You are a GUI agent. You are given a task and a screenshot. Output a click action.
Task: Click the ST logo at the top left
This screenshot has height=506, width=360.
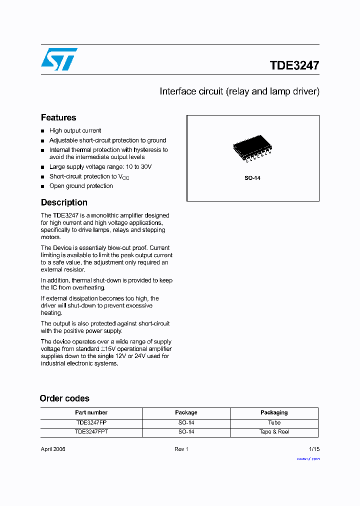point(59,59)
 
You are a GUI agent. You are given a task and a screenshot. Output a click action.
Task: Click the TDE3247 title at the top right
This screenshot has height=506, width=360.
point(294,65)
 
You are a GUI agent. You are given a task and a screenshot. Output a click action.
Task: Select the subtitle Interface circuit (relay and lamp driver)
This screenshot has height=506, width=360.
point(239,91)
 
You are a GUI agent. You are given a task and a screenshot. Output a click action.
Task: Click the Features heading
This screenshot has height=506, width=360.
point(58,117)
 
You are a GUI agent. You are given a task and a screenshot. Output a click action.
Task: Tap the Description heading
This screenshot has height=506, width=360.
point(64,202)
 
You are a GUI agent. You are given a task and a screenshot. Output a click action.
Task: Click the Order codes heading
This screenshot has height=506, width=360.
point(64,398)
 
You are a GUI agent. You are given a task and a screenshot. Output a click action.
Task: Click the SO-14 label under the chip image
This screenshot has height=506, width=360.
point(252,178)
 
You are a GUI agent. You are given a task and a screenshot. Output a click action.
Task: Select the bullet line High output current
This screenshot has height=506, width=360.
point(75,130)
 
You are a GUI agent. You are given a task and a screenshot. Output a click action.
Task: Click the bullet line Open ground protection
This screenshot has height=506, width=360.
point(81,186)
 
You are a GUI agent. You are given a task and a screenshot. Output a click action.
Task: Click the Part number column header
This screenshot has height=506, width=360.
point(91,412)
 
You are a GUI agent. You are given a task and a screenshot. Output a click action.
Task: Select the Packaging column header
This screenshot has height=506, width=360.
point(274,412)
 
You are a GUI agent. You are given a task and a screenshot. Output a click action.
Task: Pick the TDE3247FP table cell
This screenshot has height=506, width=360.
point(91,422)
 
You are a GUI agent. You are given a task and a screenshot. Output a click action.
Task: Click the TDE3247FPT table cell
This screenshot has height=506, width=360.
point(91,431)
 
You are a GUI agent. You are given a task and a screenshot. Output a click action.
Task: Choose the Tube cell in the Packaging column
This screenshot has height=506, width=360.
point(274,422)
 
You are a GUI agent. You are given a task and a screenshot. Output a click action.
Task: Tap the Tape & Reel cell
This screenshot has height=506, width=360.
point(274,431)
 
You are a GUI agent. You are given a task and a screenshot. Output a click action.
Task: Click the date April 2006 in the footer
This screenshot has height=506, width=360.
point(53,449)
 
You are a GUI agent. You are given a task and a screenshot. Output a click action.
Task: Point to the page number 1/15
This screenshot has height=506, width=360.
point(314,449)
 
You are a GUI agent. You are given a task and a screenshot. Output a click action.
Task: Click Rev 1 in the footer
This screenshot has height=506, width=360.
point(181,449)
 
